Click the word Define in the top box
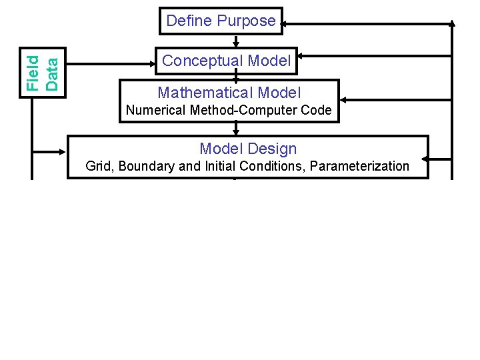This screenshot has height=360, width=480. click(x=187, y=21)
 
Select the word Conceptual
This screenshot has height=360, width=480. click(x=203, y=61)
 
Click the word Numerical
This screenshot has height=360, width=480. click(x=156, y=111)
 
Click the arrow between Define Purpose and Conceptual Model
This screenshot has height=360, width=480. click(x=235, y=41)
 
